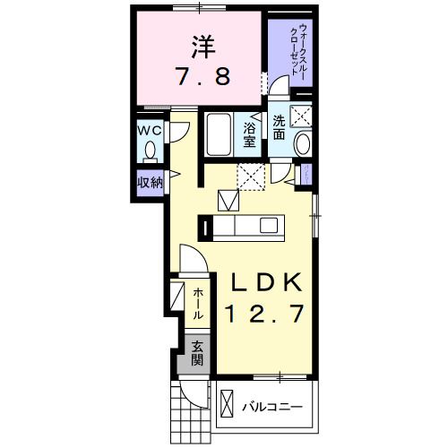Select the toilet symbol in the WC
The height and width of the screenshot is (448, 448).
(150, 150)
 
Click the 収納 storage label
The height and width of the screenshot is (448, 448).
(149, 183)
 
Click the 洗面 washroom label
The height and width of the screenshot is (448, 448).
(280, 127)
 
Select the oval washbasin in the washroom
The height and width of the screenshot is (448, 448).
(302, 142)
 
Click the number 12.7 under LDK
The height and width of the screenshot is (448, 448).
(267, 315)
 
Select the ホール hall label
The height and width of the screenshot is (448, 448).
(198, 304)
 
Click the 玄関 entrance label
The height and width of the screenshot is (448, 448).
(194, 354)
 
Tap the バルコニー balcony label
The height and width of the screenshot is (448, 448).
(273, 408)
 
